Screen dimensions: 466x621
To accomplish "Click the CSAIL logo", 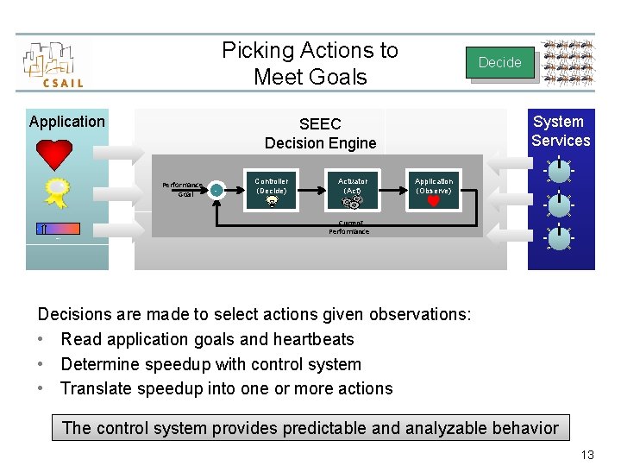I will [53, 64].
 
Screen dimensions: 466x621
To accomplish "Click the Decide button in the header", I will [499, 62].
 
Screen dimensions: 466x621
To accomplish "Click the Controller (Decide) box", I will [272, 190].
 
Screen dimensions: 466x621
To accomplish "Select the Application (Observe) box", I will [433, 190].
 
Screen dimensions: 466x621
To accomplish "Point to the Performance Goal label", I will [183, 189].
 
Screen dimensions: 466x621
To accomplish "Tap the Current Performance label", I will [348, 228].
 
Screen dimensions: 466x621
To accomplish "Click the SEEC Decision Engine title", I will [320, 134].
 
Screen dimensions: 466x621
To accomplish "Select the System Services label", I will [560, 131].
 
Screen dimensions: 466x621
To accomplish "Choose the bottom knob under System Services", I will [560, 237].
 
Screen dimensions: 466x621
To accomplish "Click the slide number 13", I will [586, 455].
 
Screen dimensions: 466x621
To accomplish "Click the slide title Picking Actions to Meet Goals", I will [310, 63].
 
